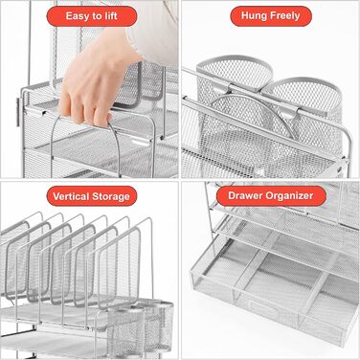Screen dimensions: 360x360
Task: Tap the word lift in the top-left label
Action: coord(111,15)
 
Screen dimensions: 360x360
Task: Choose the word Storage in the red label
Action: coord(111,196)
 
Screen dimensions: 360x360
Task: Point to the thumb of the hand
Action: coord(65,102)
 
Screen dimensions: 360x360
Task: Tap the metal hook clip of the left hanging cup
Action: coord(224,88)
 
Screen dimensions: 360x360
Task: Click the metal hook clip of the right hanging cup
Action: coord(291,111)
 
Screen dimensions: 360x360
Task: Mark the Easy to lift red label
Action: coord(92,16)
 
